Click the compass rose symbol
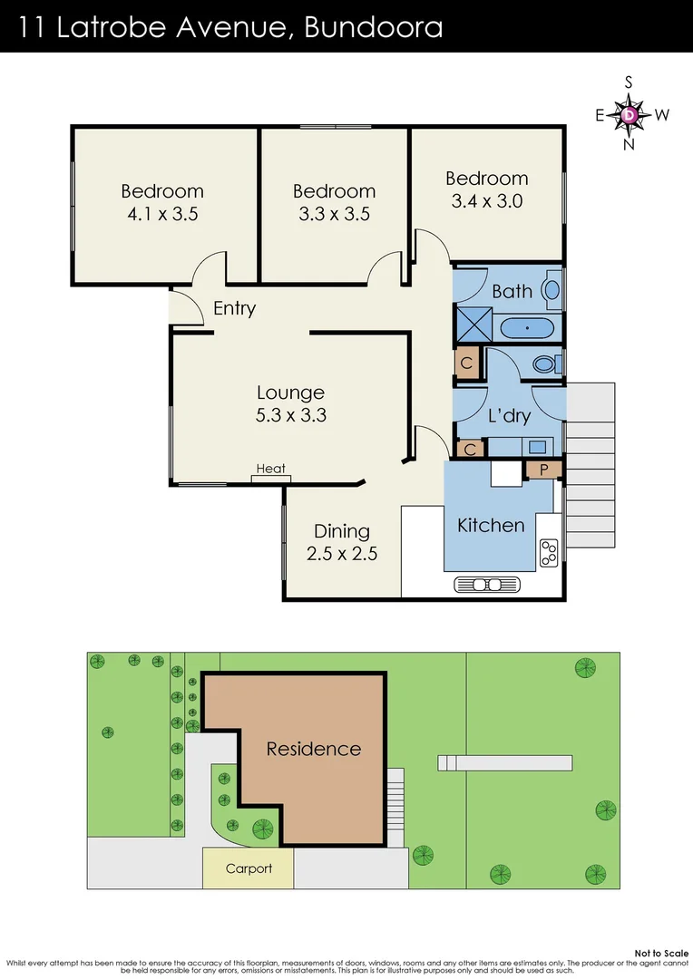(630, 114)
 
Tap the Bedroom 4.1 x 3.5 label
(162, 203)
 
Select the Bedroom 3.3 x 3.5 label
(334, 203)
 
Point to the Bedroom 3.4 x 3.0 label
(487, 189)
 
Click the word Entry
(234, 308)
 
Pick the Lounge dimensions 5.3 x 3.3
(290, 416)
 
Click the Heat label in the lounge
(270, 469)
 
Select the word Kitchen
(491, 525)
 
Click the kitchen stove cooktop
(549, 553)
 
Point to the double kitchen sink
(489, 585)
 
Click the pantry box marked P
(544, 470)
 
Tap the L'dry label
(509, 416)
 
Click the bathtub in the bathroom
(527, 326)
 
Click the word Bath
(512, 291)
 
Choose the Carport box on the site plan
(249, 868)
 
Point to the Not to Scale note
(661, 954)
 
